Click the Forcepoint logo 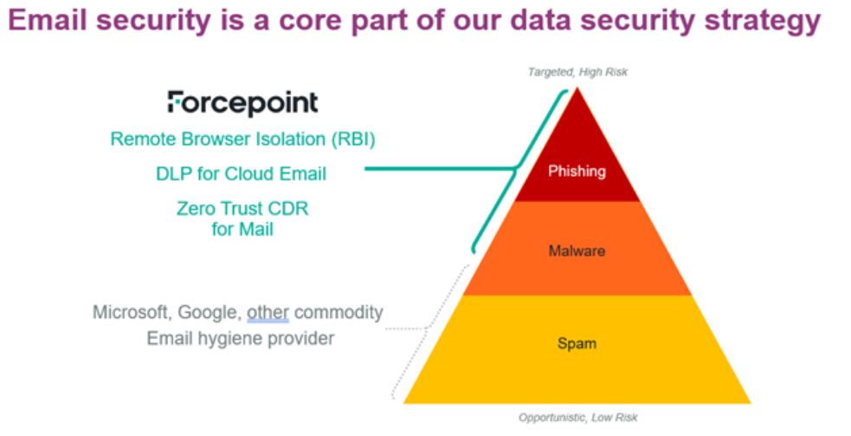[242, 103]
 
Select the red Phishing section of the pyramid [577, 158]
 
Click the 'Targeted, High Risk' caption [577, 72]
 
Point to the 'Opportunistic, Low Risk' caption [577, 418]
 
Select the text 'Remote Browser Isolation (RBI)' [242, 140]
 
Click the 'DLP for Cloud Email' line [241, 174]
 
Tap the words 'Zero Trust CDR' [242, 208]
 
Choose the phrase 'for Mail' [242, 229]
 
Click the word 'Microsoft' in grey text [130, 313]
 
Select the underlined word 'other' [268, 313]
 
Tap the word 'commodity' [338, 313]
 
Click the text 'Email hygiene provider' [241, 339]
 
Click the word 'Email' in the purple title [48, 20]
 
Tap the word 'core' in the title [312, 21]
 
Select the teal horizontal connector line [440, 168]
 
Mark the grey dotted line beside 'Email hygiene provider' [407, 329]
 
